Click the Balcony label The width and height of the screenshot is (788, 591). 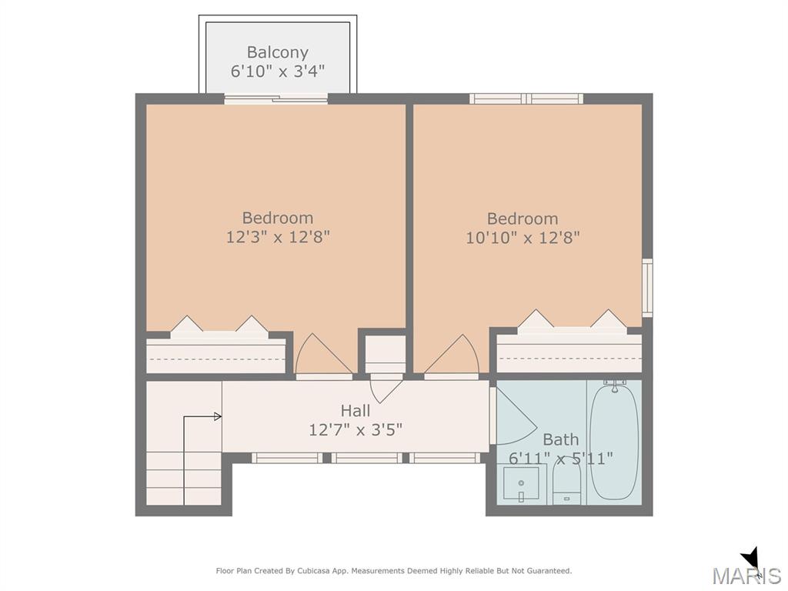click(x=277, y=52)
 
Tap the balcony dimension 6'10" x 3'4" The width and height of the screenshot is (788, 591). click(x=277, y=72)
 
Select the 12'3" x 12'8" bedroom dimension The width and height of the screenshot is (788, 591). click(x=277, y=237)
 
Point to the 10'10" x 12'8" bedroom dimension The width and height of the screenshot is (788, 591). click(x=523, y=237)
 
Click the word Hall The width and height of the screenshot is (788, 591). click(x=356, y=411)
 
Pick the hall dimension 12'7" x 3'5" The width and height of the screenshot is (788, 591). click(x=356, y=429)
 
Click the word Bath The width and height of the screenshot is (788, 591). click(x=561, y=439)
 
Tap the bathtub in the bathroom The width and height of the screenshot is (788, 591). click(x=614, y=441)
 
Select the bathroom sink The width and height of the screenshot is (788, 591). click(x=521, y=483)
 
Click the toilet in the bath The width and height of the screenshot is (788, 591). click(x=567, y=483)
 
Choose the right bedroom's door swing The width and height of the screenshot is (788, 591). click(x=452, y=354)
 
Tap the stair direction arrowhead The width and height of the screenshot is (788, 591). click(x=218, y=416)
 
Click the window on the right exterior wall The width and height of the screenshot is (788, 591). click(x=648, y=288)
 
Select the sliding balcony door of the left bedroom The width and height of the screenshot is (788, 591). click(x=276, y=99)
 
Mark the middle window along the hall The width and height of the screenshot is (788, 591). click(x=366, y=458)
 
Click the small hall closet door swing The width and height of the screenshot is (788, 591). click(x=386, y=389)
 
